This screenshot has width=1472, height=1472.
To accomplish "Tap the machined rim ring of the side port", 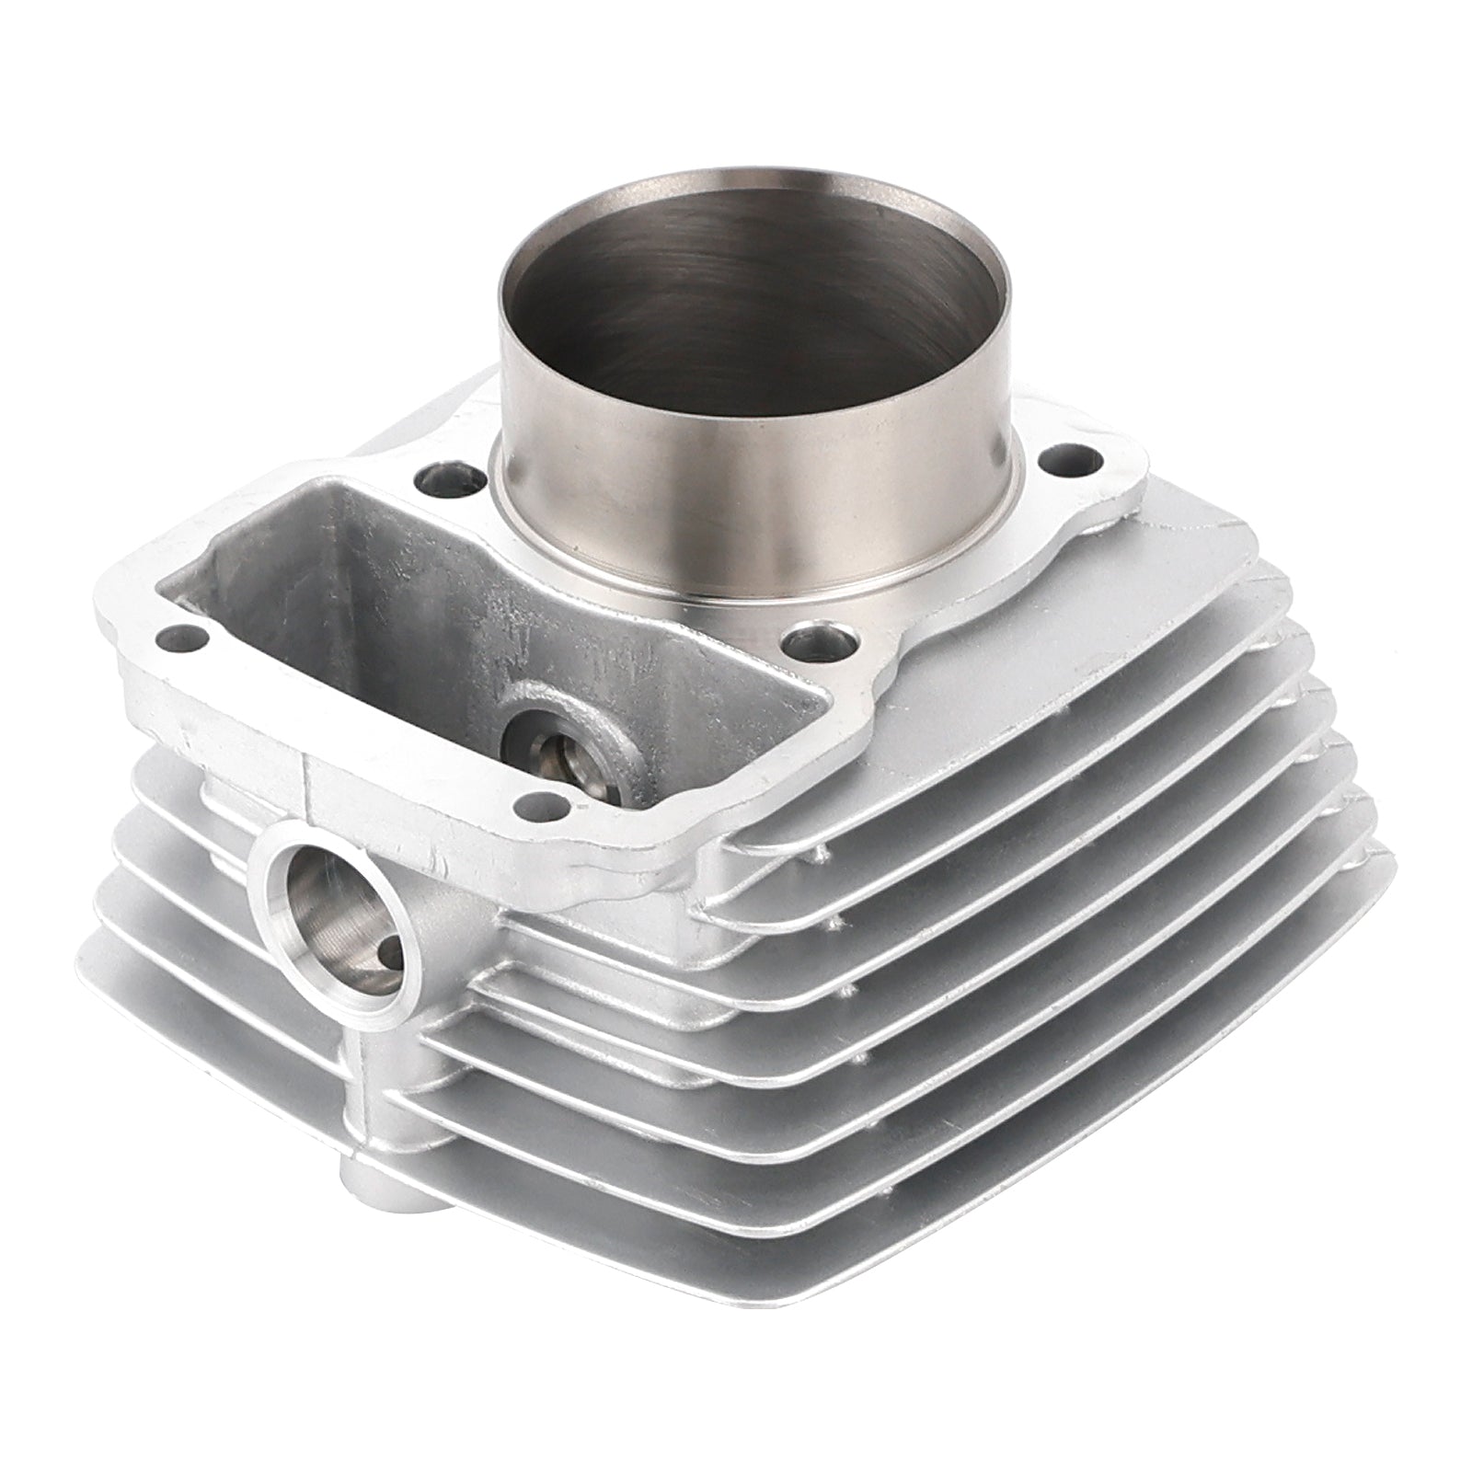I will click(276, 883).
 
